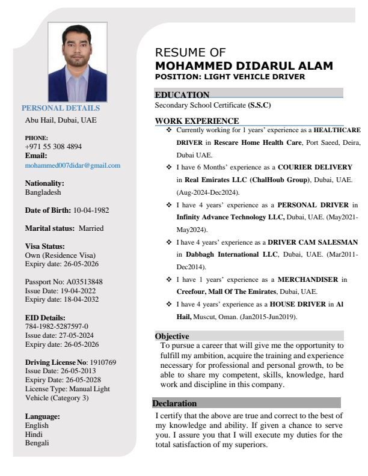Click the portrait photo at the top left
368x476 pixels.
click(x=85, y=63)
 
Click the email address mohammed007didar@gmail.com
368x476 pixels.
click(x=72, y=165)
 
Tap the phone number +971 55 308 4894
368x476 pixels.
click(x=54, y=147)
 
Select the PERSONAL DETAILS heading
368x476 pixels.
click(x=61, y=108)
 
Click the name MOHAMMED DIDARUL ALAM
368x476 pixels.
click(x=244, y=66)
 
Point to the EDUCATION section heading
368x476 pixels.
click(x=182, y=95)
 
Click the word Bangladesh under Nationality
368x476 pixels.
click(x=43, y=192)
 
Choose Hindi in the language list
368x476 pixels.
click(x=34, y=434)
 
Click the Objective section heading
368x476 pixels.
click(x=172, y=337)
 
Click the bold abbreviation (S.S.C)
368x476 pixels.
click(x=259, y=105)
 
